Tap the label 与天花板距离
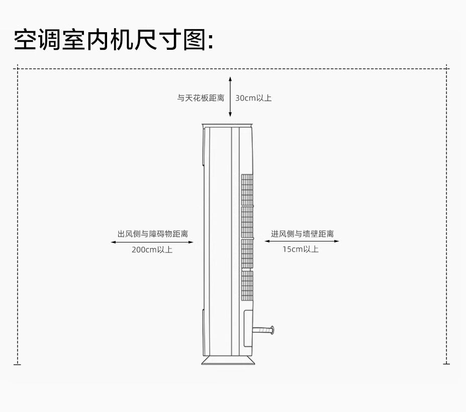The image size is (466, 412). (201, 98)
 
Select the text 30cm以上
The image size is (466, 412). (253, 98)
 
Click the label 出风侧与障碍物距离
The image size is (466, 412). (153, 234)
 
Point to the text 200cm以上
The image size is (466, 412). (152, 250)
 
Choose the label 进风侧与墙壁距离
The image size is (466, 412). (302, 234)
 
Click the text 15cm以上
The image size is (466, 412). (300, 249)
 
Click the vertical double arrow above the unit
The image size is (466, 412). (230, 97)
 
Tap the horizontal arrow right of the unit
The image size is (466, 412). (302, 241)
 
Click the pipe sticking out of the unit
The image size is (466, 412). (264, 330)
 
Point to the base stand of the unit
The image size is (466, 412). (227, 361)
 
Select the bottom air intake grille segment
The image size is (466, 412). (247, 284)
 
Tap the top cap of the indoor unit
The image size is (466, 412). (227, 125)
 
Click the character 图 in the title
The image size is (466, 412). (194, 40)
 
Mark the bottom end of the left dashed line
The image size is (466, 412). (18, 363)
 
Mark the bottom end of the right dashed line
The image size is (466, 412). (446, 363)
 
